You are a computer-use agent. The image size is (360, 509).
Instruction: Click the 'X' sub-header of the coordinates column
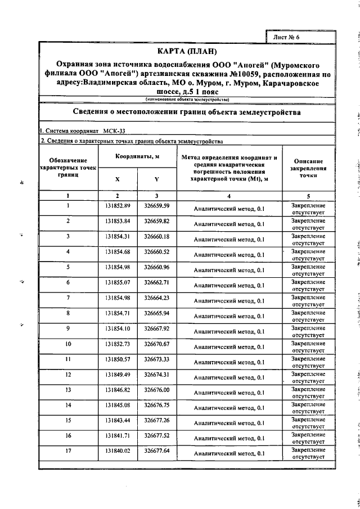click(x=118, y=178)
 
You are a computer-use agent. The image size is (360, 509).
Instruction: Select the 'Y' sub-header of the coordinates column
click(x=156, y=178)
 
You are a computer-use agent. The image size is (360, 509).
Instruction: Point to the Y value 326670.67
click(x=157, y=343)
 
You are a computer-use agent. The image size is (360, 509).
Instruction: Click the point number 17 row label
click(x=68, y=451)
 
